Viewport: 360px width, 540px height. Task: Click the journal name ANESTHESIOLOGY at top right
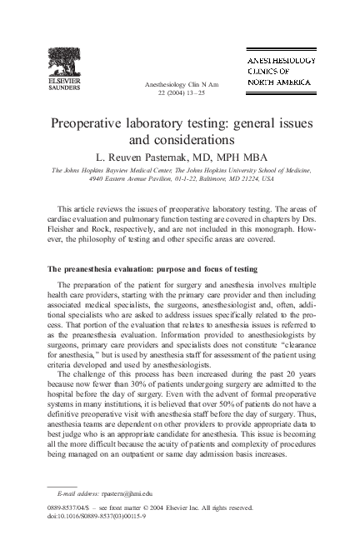pyautogui.click(x=279, y=62)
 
